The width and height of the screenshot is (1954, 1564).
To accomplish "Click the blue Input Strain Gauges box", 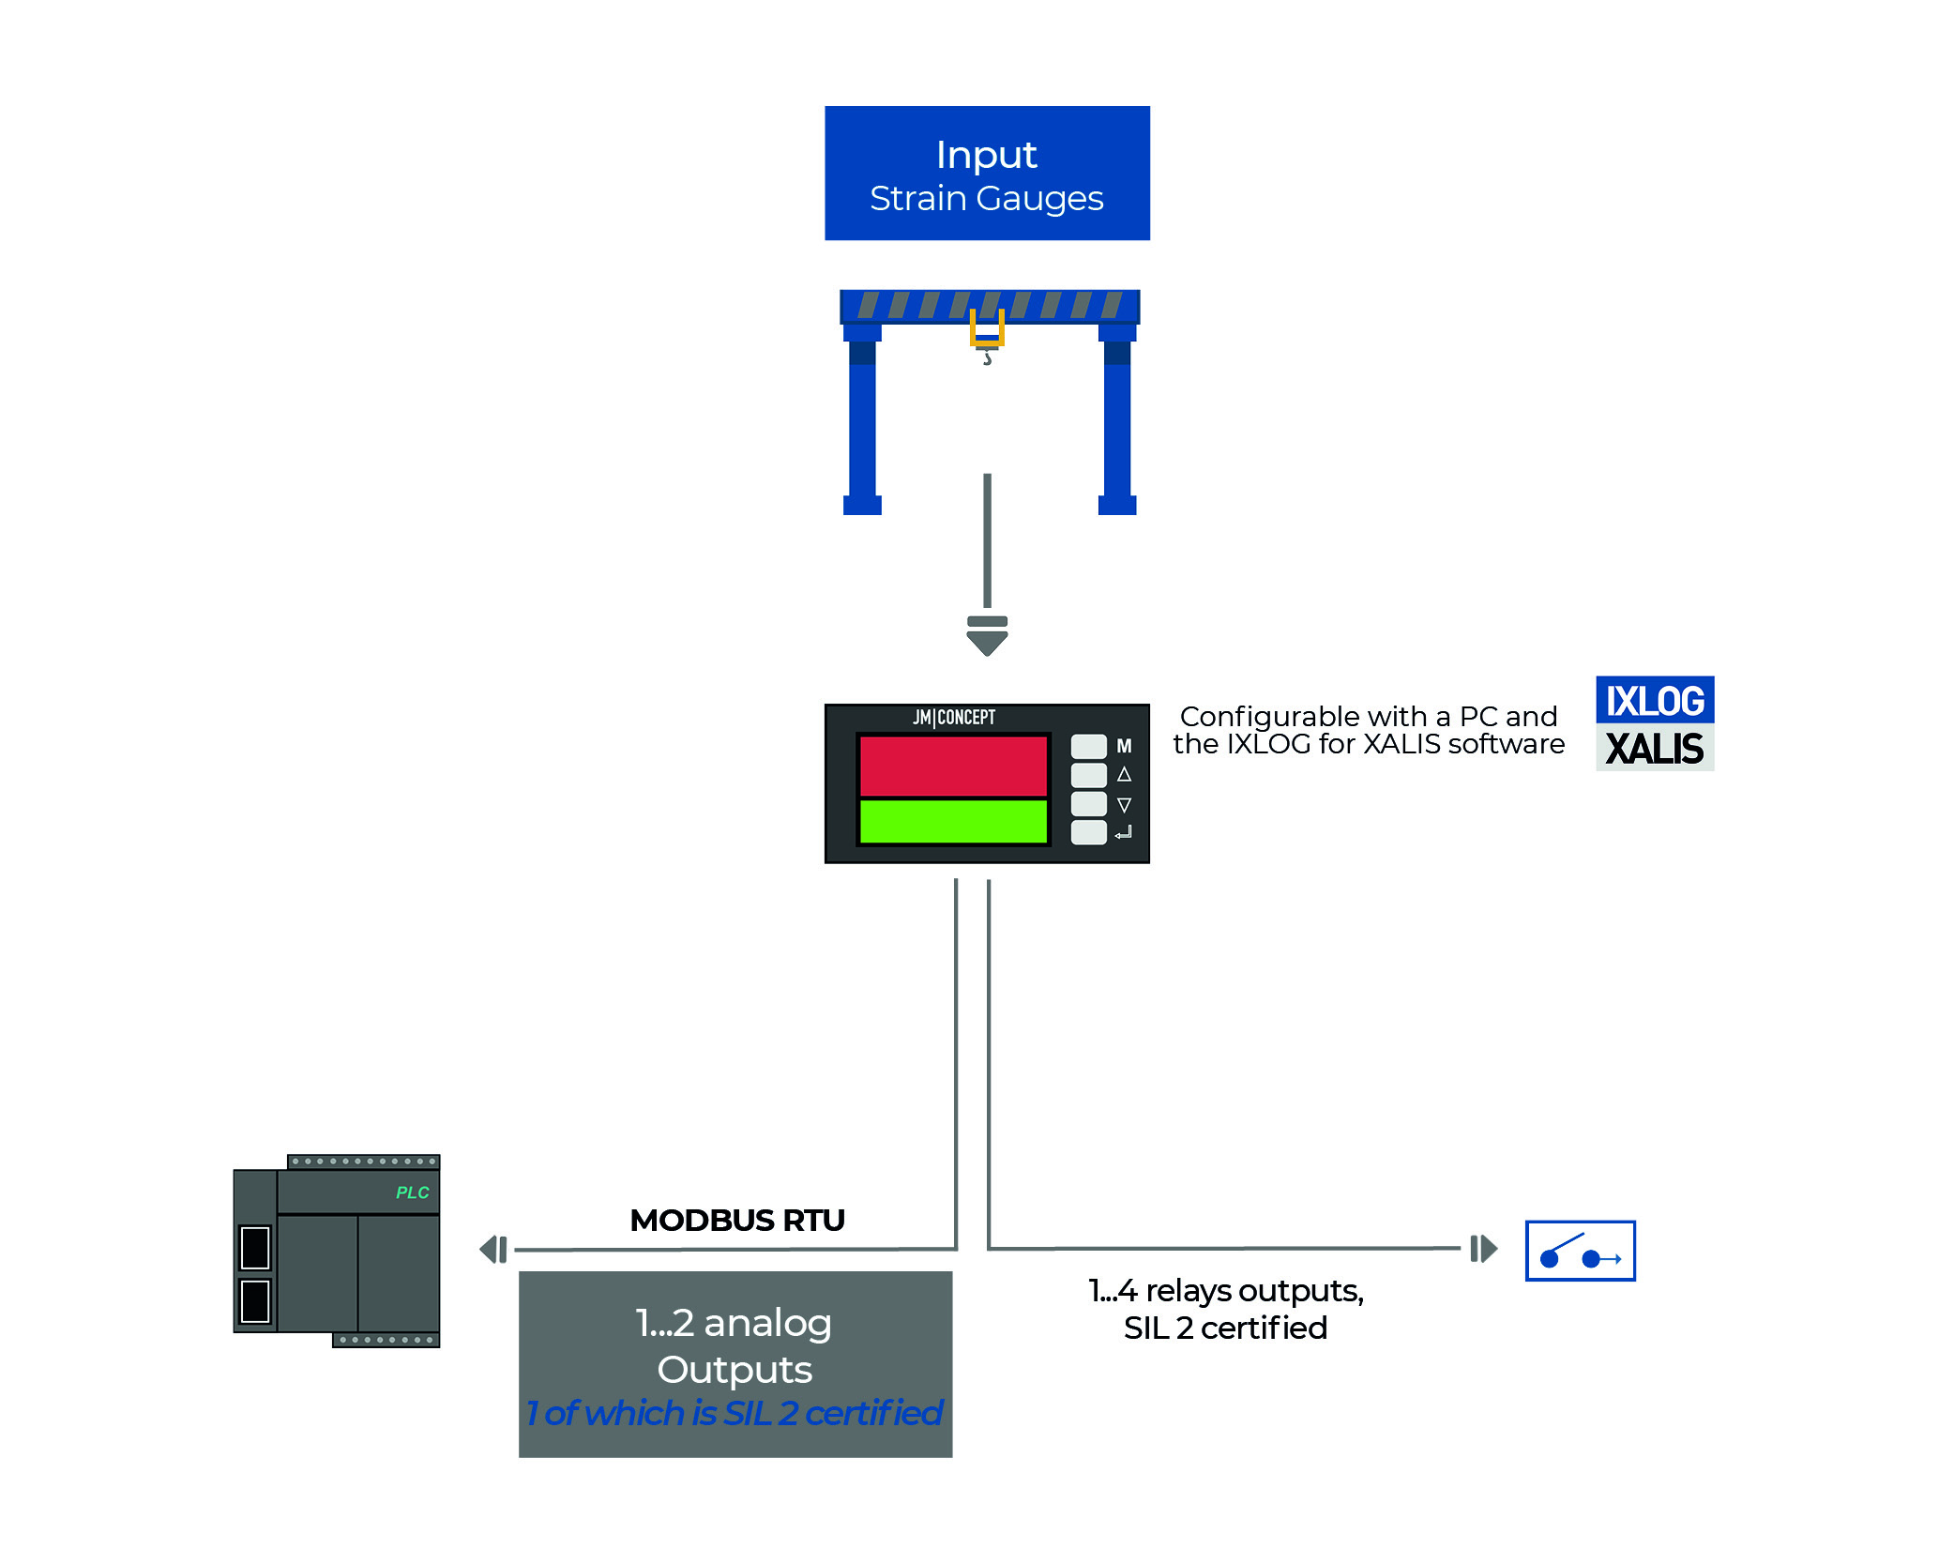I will (987, 174).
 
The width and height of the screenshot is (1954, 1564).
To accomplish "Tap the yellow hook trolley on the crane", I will (987, 330).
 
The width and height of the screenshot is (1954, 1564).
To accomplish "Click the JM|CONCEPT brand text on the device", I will (953, 718).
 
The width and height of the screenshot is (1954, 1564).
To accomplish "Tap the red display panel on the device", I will (953, 766).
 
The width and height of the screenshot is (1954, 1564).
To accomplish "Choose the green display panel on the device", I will (953, 821).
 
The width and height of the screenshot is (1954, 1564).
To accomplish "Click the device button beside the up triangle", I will (1088, 775).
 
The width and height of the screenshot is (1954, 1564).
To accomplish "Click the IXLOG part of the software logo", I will (1655, 701).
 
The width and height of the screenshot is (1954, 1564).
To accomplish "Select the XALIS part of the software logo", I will (1655, 749).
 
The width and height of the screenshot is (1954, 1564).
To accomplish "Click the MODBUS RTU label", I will (737, 1220).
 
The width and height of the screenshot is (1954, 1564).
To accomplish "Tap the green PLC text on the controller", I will (412, 1192).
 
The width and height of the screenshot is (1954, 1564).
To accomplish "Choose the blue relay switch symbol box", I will (1580, 1251).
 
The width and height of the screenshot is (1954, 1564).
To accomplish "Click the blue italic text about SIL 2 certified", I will (735, 1413).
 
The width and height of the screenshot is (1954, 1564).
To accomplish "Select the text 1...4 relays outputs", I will (1225, 1291).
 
